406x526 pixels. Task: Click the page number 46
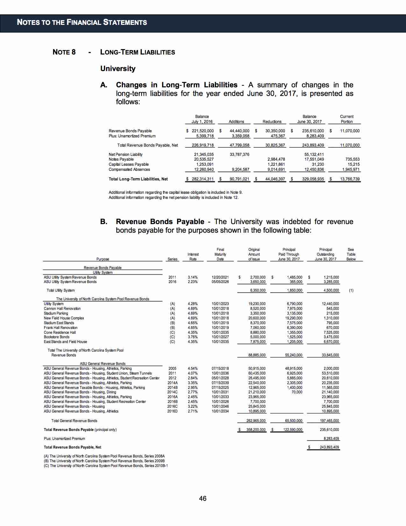pos(203,498)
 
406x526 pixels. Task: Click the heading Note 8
pos(64,52)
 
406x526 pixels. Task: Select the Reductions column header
pos(272,122)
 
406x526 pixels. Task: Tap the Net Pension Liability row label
pos(125,155)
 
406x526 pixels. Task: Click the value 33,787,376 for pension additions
pos(239,155)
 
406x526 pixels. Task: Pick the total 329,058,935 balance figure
pos(313,179)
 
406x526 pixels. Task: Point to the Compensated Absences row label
pos(129,170)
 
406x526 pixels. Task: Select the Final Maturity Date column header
pos(220,254)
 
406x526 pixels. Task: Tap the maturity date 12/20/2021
pos(220,277)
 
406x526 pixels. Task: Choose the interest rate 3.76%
pos(193,337)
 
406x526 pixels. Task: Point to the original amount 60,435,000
pos(257,373)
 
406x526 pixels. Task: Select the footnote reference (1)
pos(351,290)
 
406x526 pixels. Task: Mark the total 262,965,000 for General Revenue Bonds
pos(256,421)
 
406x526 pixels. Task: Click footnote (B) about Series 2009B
pos(104,461)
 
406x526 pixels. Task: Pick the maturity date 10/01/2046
pos(220,406)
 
